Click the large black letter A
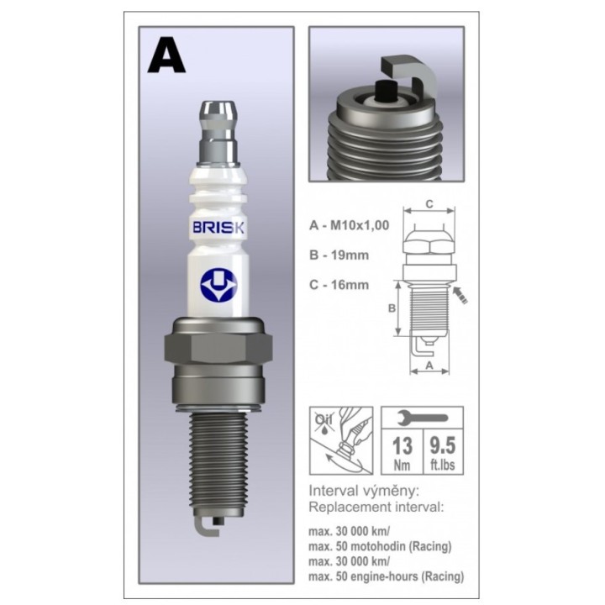coord(166,55)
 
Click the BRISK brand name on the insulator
coord(218,227)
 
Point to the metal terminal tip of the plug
coord(218,132)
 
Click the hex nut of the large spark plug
coord(218,350)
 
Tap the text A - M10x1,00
coord(350,225)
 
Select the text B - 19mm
coord(339,255)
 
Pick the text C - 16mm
coord(339,285)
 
